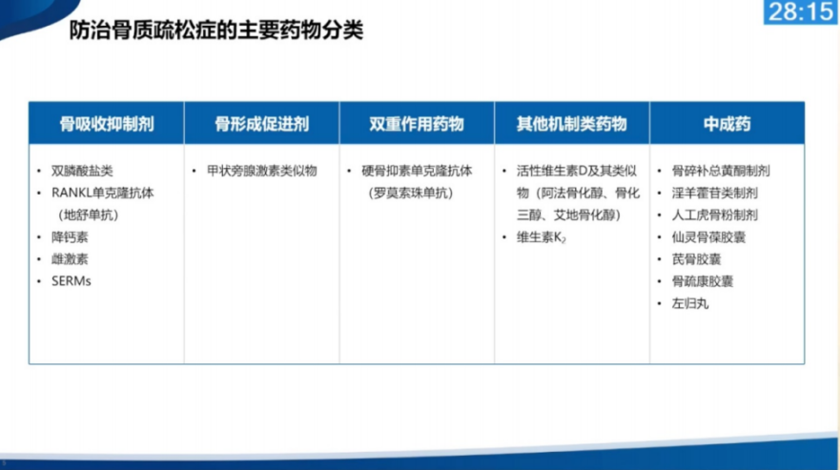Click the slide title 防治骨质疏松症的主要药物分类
[x=216, y=31]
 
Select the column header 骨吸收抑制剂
[x=107, y=124]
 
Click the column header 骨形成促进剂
[x=261, y=124]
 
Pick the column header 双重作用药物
[x=417, y=124]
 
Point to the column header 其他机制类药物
[x=571, y=124]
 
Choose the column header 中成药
[x=727, y=124]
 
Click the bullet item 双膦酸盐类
[x=82, y=171]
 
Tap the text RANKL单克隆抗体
[x=102, y=193]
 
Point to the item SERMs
[x=72, y=281]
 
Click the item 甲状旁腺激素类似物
[x=261, y=171]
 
